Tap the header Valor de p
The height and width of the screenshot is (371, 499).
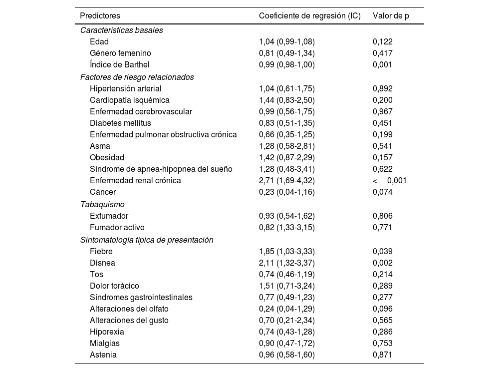pyautogui.click(x=391, y=15)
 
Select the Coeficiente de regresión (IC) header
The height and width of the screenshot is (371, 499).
pyautogui.click(x=309, y=15)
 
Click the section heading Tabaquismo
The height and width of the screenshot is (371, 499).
pyautogui.click(x=102, y=204)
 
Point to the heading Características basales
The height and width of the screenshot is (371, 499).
pyautogui.click(x=121, y=30)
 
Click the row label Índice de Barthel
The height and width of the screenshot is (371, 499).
pyautogui.click(x=119, y=64)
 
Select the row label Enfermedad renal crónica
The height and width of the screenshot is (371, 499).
pyautogui.click(x=135, y=180)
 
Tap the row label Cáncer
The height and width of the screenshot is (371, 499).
pyautogui.click(x=103, y=192)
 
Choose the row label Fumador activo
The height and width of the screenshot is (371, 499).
pyautogui.click(x=117, y=227)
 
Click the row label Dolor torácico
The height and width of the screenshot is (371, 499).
pyautogui.click(x=114, y=286)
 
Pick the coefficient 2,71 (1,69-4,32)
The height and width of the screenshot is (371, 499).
pyautogui.click(x=287, y=180)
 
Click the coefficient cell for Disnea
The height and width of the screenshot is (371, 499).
pyautogui.click(x=287, y=263)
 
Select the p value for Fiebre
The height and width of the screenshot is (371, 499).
pyautogui.click(x=383, y=251)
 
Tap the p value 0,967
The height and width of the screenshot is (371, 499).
pyautogui.click(x=383, y=111)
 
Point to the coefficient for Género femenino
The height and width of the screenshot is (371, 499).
pyautogui.click(x=287, y=53)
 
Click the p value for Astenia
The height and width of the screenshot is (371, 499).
pyautogui.click(x=383, y=355)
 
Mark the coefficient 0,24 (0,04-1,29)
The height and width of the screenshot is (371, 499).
pyautogui.click(x=287, y=309)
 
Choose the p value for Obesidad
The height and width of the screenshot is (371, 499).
pyautogui.click(x=383, y=157)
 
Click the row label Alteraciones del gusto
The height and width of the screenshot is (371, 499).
pyautogui.click(x=129, y=320)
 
